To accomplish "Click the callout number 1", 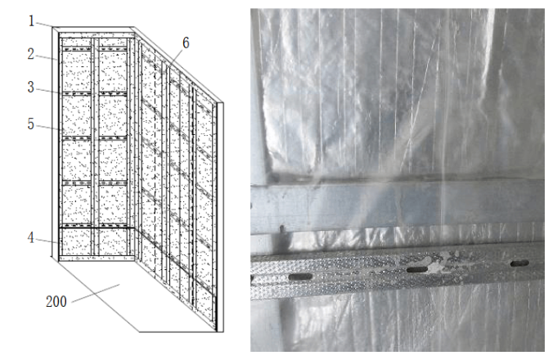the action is tap(31, 20).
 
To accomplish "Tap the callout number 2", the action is tap(31, 54).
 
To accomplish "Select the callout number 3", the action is tap(31, 87).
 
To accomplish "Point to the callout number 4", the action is tap(31, 237).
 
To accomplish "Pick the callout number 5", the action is tap(31, 124).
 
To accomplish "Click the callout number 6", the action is tap(186, 43).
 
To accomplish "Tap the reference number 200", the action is tap(56, 301).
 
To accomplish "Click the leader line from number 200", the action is tap(95, 294).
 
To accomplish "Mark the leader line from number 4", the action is tap(47, 241).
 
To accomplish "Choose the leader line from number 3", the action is tap(47, 91).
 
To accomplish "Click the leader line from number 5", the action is tap(49, 128).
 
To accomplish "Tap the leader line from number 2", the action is tap(46, 58).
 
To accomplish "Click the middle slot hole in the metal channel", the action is tap(417, 270).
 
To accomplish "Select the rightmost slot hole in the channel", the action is tap(519, 263).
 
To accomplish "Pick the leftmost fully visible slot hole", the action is tap(301, 277).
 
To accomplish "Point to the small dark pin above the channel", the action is tap(282, 229).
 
